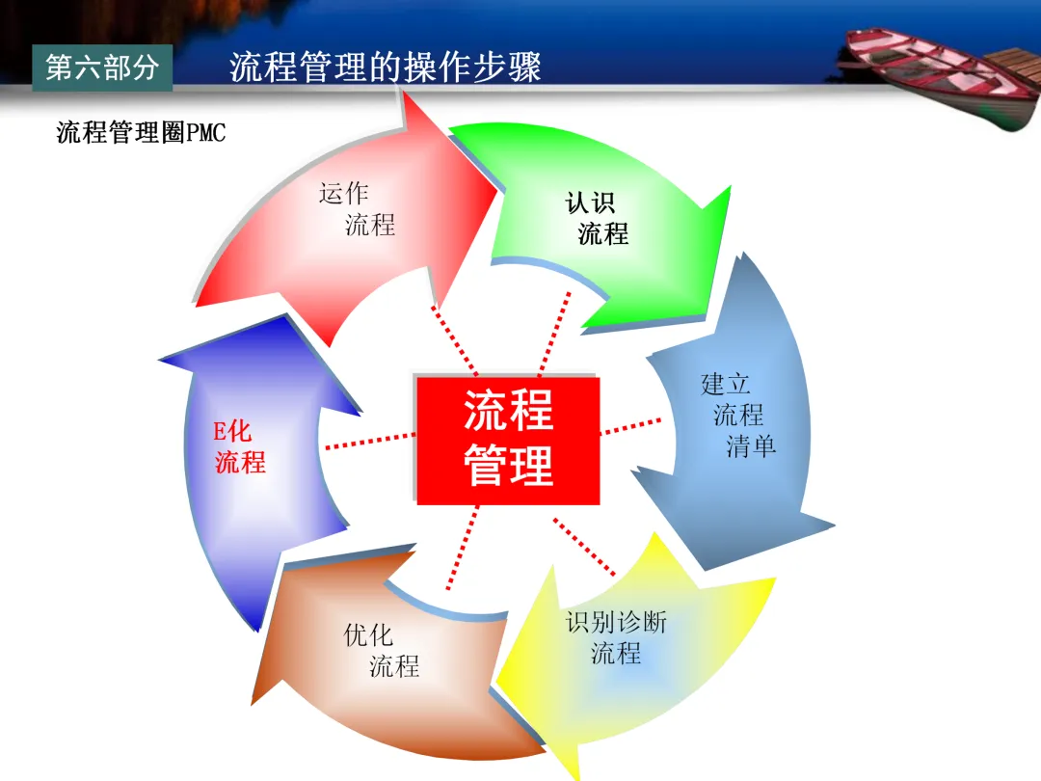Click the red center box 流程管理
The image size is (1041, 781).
pyautogui.click(x=508, y=440)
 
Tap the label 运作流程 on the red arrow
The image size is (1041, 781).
pyautogui.click(x=357, y=209)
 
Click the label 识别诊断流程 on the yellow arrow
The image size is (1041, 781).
pyautogui.click(x=616, y=637)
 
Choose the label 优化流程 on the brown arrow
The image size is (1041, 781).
pyautogui.click(x=382, y=651)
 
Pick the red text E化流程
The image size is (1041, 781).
pyautogui.click(x=239, y=446)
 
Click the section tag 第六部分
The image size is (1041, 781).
pyautogui.click(x=102, y=67)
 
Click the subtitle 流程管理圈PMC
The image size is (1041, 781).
pyautogui.click(x=141, y=132)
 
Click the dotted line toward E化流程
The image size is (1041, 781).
pyautogui.click(x=371, y=440)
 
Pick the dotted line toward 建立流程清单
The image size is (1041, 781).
pyautogui.click(x=631, y=425)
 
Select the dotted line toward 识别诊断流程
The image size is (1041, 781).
pyautogui.click(x=584, y=547)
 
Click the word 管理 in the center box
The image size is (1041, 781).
pyautogui.click(x=508, y=467)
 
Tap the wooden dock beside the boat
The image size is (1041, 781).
pyautogui.click(x=1012, y=77)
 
